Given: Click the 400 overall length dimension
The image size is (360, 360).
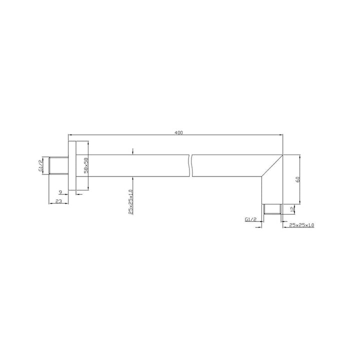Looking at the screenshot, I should pyautogui.click(x=178, y=132).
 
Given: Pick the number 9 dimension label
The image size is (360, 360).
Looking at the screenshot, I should pyautogui.click(x=60, y=191).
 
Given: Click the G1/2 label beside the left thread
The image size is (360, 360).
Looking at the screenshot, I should pyautogui.click(x=40, y=165).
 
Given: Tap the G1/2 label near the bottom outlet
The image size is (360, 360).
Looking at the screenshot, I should pyautogui.click(x=251, y=219).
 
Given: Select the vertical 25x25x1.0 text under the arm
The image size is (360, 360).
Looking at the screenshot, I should pyautogui.click(x=130, y=202).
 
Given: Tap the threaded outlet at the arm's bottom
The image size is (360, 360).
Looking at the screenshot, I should pyautogui.click(x=272, y=208).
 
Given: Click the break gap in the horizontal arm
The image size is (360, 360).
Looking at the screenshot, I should pyautogui.click(x=190, y=165).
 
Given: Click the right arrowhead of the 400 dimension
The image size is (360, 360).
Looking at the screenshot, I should pyautogui.click(x=280, y=135).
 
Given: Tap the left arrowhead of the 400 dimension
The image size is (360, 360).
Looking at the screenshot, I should pyautogui.click(x=70, y=135).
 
